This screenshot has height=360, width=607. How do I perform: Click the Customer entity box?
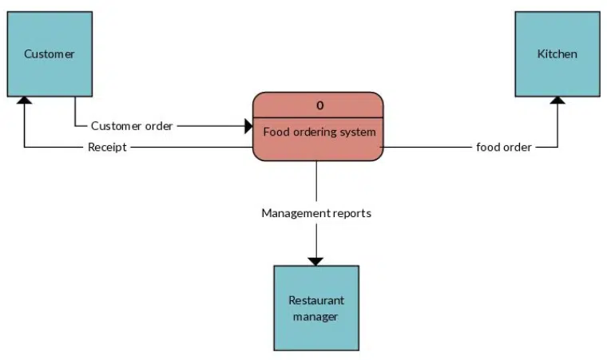pyautogui.click(x=50, y=53)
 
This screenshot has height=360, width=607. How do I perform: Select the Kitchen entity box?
pyautogui.click(x=557, y=53)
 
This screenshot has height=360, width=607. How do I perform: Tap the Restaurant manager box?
pyautogui.click(x=316, y=308)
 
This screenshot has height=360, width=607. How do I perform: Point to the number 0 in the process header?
pyautogui.click(x=319, y=105)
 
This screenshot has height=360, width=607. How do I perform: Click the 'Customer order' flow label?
pyautogui.click(x=132, y=126)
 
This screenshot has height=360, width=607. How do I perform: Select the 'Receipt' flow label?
pyautogui.click(x=107, y=148)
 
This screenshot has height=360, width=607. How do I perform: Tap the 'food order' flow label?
pyautogui.click(x=504, y=148)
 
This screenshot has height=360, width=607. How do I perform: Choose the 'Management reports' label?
pyautogui.click(x=316, y=213)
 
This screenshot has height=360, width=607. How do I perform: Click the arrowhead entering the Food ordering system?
pyautogui.click(x=248, y=126)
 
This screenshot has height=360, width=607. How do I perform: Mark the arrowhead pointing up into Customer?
pyautogui.click(x=25, y=101)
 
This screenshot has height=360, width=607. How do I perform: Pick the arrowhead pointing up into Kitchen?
pyautogui.click(x=557, y=101)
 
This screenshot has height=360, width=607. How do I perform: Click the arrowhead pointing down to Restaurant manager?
pyautogui.click(x=316, y=260)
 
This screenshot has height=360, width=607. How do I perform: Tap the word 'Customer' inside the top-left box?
pyautogui.click(x=50, y=54)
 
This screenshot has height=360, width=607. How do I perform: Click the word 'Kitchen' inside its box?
pyautogui.click(x=557, y=54)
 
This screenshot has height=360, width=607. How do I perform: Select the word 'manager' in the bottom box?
pyautogui.click(x=316, y=317)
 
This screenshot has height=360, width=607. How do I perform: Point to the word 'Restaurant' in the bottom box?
pyautogui.click(x=316, y=301)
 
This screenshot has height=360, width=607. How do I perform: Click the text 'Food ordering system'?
pyautogui.click(x=319, y=132)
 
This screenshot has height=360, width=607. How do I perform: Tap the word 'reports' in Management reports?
pyautogui.click(x=351, y=213)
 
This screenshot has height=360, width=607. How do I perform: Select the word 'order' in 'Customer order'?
pyautogui.click(x=157, y=126)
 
